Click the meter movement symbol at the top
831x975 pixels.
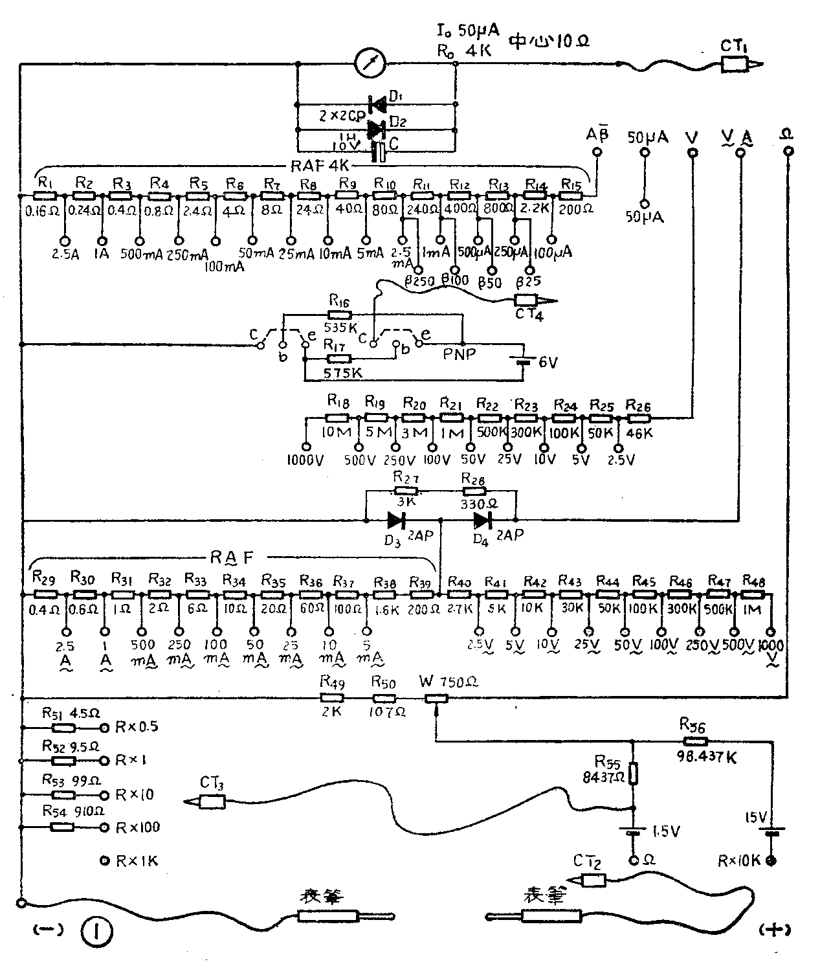[x=371, y=63]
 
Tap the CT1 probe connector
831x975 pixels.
[x=738, y=63]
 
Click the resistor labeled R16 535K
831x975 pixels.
[x=340, y=315]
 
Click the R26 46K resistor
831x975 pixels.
[x=637, y=418]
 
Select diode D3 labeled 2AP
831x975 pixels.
[x=395, y=519]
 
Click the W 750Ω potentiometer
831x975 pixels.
[x=436, y=699]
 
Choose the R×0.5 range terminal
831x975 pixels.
[x=104, y=726]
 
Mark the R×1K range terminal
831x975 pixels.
[x=104, y=861]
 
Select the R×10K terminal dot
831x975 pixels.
[x=771, y=861]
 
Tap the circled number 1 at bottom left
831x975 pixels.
[x=97, y=932]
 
